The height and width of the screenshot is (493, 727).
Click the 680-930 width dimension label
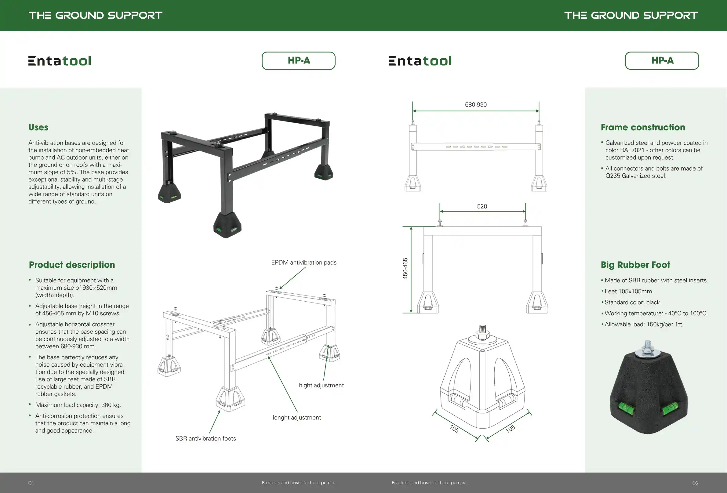click(x=475, y=104)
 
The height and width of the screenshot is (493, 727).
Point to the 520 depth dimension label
click(x=482, y=206)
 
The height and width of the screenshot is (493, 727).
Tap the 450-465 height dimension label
click(x=405, y=268)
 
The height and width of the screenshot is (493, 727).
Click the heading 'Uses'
click(x=38, y=127)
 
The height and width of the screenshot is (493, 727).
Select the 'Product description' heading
click(x=72, y=265)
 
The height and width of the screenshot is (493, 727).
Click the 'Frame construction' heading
click(x=643, y=127)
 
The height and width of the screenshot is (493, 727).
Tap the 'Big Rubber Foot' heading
click(x=635, y=265)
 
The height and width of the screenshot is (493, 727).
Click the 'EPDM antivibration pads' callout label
click(x=304, y=263)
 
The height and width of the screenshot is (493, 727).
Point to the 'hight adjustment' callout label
click(x=321, y=385)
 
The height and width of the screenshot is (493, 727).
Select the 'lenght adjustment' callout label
click(x=297, y=418)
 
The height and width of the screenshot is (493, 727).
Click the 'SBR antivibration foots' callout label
click(x=205, y=439)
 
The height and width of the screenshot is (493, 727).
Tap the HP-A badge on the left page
click(x=298, y=60)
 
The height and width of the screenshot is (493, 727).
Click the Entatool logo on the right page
click(x=420, y=61)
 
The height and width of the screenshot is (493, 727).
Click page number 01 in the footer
click(x=31, y=483)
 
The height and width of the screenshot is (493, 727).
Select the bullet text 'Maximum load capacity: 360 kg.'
click(x=78, y=405)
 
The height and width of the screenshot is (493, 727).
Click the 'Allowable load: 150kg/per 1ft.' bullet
click(x=644, y=324)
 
